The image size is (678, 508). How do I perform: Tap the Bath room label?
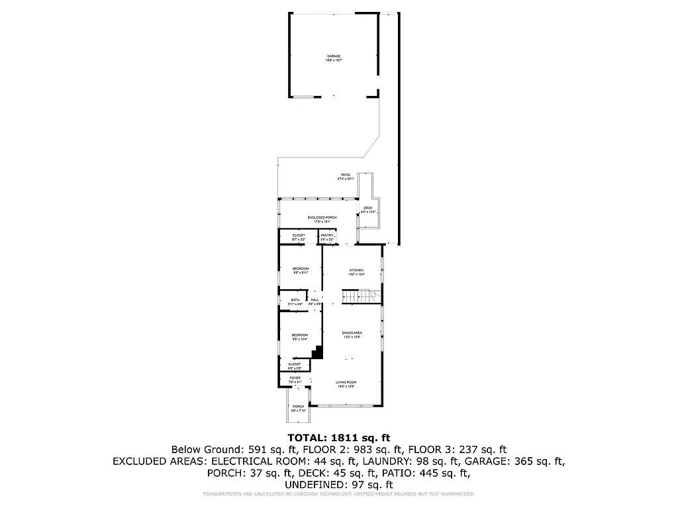click(x=295, y=301)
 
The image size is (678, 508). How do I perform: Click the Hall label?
click(x=315, y=301)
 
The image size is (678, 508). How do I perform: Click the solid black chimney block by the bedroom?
click(x=318, y=352)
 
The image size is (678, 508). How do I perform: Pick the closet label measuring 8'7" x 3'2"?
click(x=299, y=236)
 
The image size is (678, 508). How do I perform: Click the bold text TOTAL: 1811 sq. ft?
click(x=338, y=437)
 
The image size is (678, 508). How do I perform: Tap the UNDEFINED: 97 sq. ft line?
click(x=338, y=485)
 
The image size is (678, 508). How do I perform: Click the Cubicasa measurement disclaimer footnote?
click(x=338, y=494)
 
